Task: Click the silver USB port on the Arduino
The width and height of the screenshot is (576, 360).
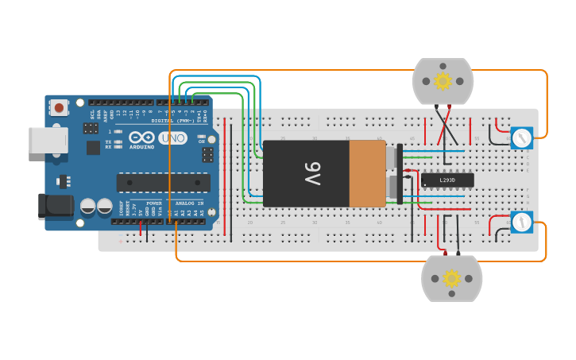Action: tap(48, 140)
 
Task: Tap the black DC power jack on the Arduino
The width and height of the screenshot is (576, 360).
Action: tap(56, 207)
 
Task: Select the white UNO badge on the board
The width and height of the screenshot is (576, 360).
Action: tap(172, 138)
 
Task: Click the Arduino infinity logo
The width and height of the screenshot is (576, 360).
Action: tap(141, 137)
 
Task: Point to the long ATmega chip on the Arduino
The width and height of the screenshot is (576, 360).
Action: tap(163, 183)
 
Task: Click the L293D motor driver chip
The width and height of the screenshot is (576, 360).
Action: tap(447, 180)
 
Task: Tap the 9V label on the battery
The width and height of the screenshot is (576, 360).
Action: tap(312, 173)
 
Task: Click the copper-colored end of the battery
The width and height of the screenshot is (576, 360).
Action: tap(367, 173)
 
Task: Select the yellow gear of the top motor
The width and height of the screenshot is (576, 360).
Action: tap(443, 80)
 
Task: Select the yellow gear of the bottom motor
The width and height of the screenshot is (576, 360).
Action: tap(451, 278)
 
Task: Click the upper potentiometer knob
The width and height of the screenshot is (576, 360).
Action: tap(521, 138)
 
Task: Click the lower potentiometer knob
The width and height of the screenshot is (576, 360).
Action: tap(521, 223)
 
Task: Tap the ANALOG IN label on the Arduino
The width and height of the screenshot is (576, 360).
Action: tap(189, 203)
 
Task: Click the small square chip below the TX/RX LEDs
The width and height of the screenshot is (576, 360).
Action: tap(93, 147)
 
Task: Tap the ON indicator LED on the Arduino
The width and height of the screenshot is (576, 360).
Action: tap(202, 136)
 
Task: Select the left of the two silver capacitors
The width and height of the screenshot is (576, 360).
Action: tap(88, 207)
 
